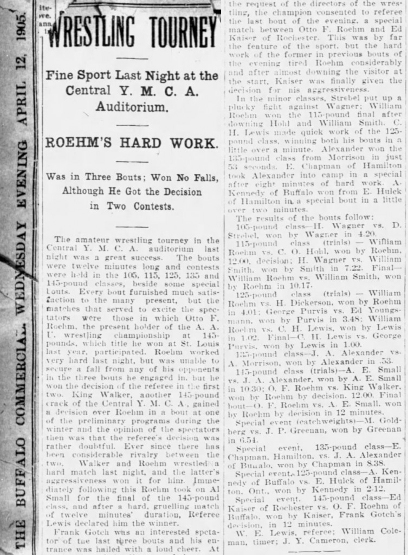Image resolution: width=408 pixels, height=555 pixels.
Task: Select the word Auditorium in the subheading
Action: coord(132,107)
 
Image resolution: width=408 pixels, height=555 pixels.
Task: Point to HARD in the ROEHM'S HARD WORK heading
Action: coord(141,143)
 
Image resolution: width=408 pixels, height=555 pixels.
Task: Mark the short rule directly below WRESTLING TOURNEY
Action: coord(132,59)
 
